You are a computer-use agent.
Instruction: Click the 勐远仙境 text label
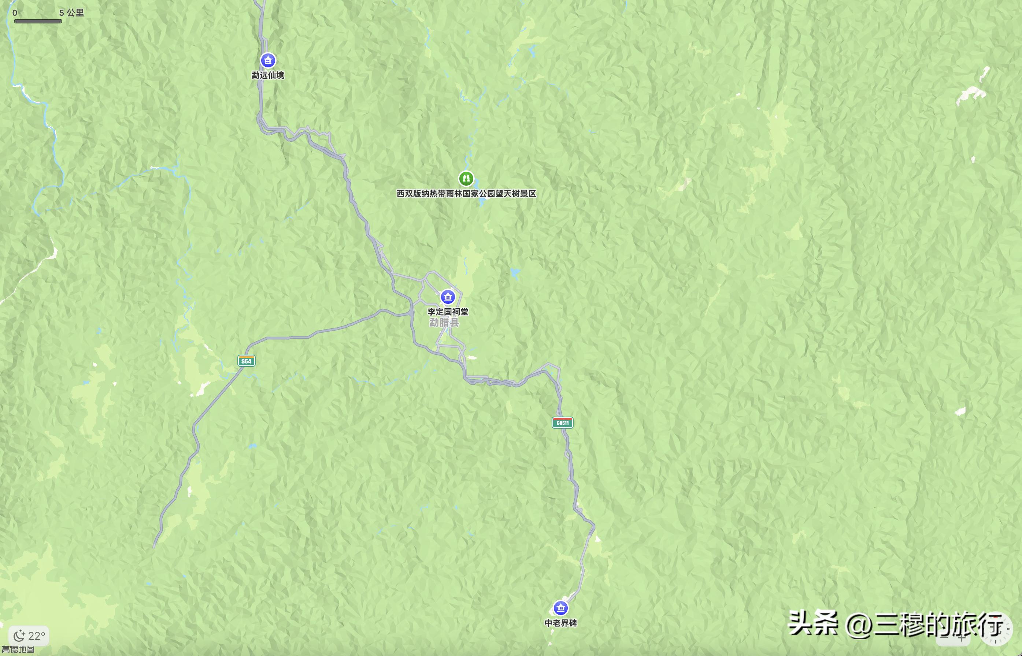pos(268,75)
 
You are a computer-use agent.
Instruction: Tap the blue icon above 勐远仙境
pos(268,60)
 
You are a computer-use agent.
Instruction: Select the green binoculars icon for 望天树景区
pos(466,179)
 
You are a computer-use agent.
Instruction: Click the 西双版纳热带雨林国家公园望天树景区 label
pos(466,194)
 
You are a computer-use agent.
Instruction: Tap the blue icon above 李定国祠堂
pos(448,297)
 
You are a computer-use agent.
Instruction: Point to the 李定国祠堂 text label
pos(448,312)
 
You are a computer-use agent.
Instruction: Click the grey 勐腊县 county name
pos(444,323)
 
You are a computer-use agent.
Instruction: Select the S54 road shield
pos(246,361)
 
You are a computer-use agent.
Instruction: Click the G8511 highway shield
pos(563,422)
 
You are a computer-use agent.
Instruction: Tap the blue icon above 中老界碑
pos(560,608)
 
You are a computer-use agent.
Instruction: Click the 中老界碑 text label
pos(560,623)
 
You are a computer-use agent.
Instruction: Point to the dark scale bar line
pos(38,21)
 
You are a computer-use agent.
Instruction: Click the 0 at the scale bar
pos(15,13)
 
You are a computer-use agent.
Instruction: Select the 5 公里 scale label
pos(71,13)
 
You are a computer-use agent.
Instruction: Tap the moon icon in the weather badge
pos(19,636)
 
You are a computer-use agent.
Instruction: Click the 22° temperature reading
pos(37,636)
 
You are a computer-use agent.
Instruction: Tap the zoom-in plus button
pos(962,638)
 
